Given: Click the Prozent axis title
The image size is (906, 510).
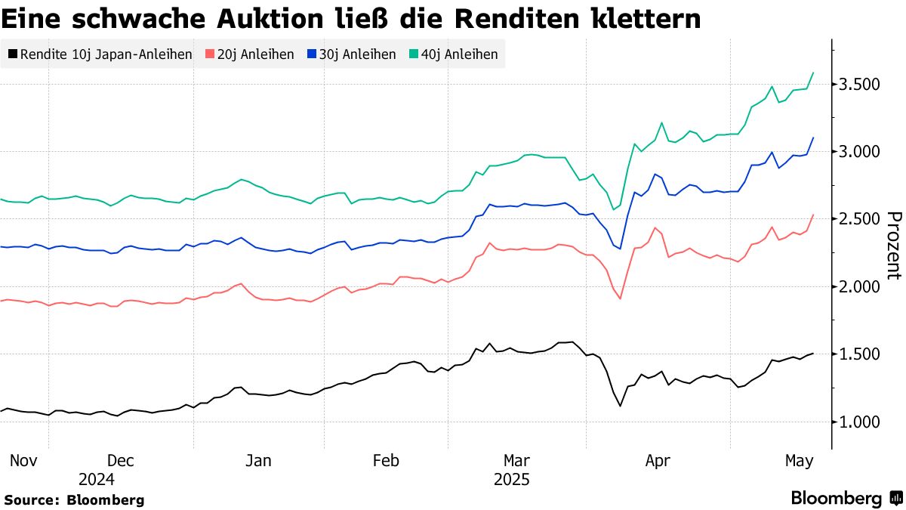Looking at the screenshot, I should pos(893,245).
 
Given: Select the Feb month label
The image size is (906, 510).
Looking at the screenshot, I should pos(387,460).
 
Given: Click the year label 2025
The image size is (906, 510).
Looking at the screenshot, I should pos(512,479).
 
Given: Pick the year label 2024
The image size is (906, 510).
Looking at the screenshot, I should pos(97,479).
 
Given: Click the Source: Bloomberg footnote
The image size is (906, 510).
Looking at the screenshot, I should pos(74,500).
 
